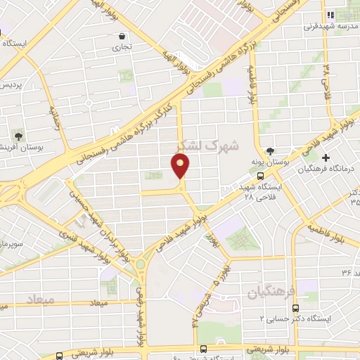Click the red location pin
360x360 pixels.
[x=181, y=167]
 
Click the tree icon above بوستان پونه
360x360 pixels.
[x=270, y=151]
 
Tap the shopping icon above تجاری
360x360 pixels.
[x=122, y=37]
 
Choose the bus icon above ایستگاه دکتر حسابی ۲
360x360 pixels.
[x=295, y=307]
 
